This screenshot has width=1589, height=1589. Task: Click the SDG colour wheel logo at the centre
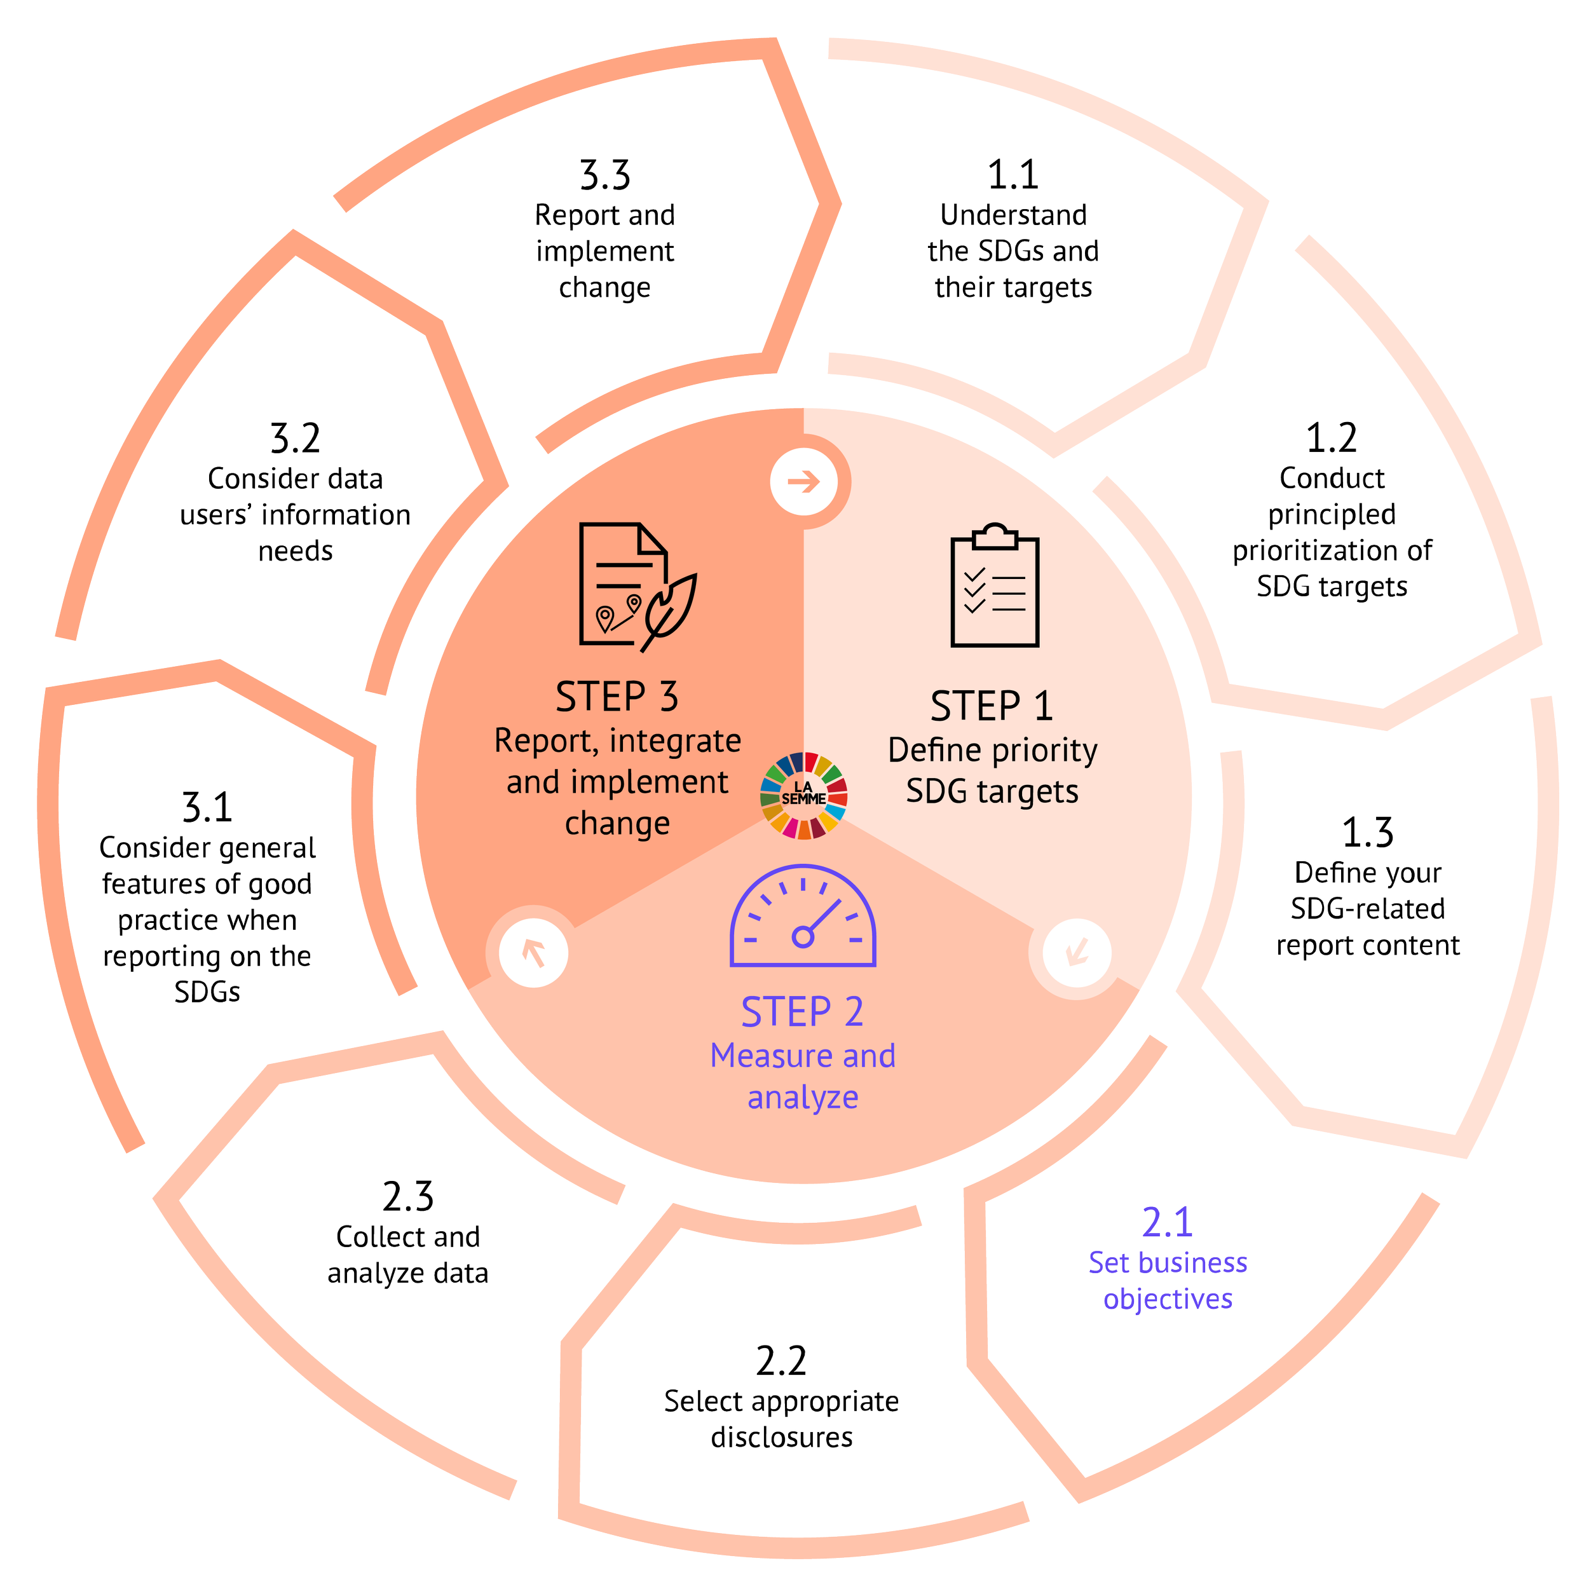point(803,795)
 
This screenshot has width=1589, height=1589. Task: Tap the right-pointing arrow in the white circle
point(803,481)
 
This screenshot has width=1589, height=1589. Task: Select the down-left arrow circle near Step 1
point(1076,952)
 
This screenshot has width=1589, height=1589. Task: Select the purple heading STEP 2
point(802,1012)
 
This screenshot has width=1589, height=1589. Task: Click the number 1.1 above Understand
point(1013,175)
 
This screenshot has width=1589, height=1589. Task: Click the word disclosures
point(781,1437)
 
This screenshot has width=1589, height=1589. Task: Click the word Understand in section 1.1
point(1013,215)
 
